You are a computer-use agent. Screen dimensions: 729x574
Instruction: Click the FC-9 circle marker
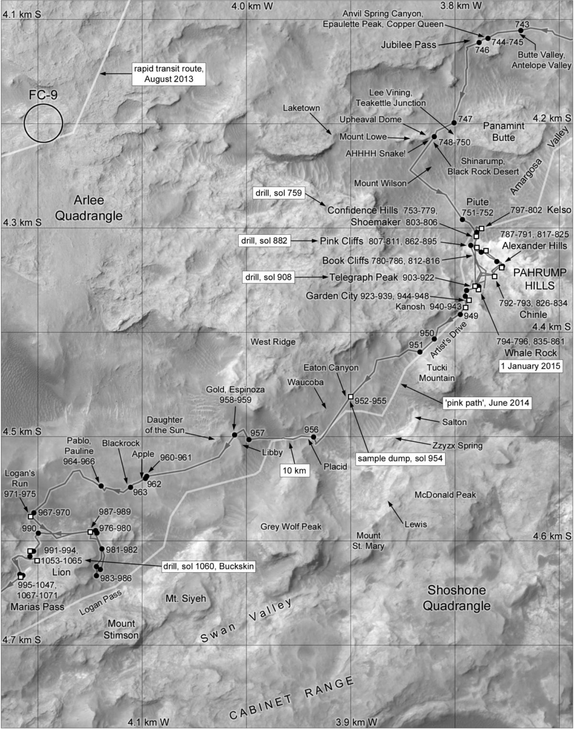click(x=43, y=123)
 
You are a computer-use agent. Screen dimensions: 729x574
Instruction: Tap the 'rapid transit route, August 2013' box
click(x=169, y=74)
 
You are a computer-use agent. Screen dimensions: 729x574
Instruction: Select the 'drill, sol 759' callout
click(x=278, y=193)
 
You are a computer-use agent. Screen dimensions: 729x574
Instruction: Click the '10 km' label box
click(x=294, y=470)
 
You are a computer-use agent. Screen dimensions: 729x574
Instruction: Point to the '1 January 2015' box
click(x=530, y=366)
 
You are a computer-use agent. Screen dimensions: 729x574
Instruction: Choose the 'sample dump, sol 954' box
click(x=401, y=459)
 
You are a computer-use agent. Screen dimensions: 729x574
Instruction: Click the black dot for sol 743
click(x=521, y=31)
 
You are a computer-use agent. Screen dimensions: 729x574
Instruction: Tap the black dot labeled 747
click(x=454, y=122)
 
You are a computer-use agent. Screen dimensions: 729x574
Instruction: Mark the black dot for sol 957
click(x=249, y=439)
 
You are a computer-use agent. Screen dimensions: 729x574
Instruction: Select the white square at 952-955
click(x=351, y=396)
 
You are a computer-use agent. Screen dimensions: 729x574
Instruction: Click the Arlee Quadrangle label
click(x=88, y=208)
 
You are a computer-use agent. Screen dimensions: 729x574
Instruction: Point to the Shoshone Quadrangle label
click(x=456, y=597)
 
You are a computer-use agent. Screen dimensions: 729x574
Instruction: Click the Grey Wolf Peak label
click(x=291, y=527)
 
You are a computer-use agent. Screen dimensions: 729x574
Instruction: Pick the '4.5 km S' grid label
click(x=22, y=431)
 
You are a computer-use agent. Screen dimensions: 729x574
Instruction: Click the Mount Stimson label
click(x=121, y=629)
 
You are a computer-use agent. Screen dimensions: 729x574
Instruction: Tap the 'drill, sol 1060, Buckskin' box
click(x=208, y=566)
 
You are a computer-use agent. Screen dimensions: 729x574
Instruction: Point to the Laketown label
click(x=301, y=108)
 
